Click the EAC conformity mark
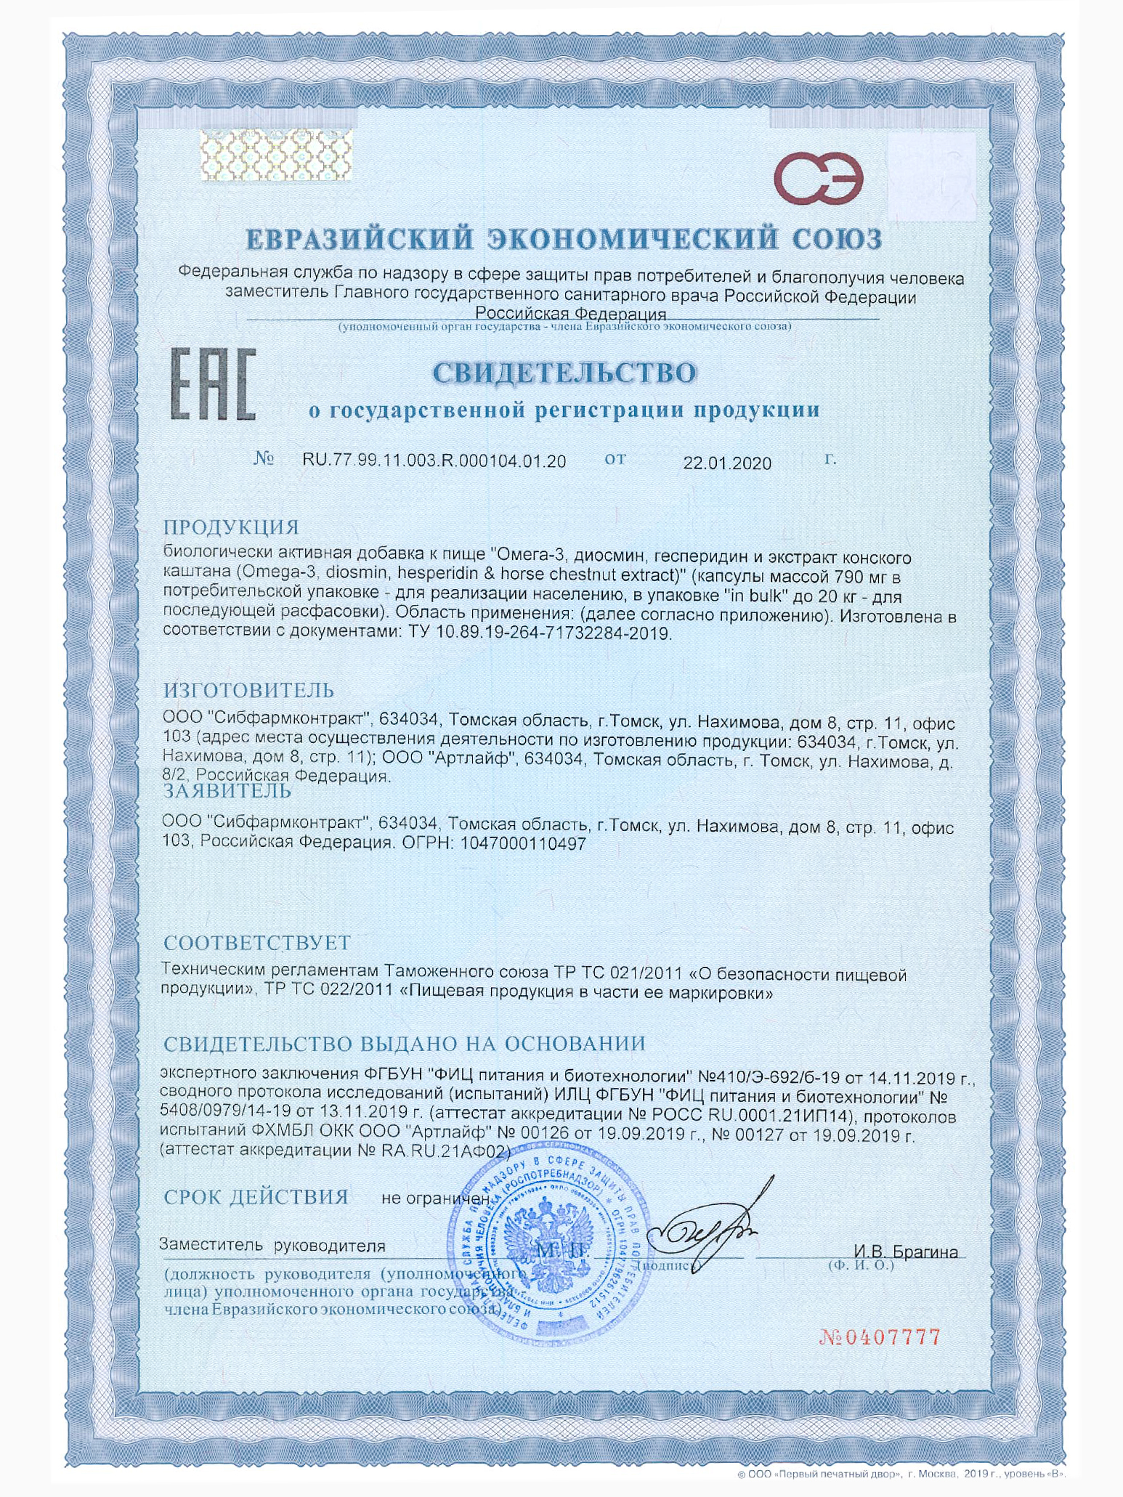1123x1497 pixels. pos(213,384)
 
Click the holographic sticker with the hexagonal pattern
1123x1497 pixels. pos(276,155)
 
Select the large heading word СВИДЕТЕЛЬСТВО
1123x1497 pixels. pos(564,373)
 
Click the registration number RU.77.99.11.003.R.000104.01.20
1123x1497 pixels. pos(434,461)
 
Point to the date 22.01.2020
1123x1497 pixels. pos(727,463)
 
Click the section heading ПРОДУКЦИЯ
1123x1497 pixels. pos(231,527)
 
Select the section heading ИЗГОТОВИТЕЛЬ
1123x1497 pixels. pos(248,689)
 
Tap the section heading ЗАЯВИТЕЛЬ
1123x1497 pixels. pos(227,790)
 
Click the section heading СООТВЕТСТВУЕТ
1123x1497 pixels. pos(256,943)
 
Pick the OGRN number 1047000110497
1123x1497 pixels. pos(523,844)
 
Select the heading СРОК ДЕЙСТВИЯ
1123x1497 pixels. pos(256,1196)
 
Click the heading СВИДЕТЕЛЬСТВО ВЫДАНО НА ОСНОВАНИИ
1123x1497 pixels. pos(404,1044)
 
